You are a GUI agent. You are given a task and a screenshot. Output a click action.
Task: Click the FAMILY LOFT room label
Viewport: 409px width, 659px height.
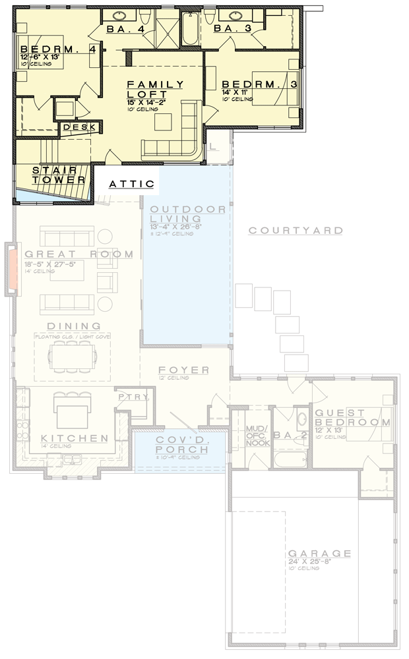click(x=155, y=89)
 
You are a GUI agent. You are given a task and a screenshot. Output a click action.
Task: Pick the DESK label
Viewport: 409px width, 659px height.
click(x=80, y=127)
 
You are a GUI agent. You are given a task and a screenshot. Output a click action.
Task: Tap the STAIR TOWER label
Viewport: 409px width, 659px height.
click(x=59, y=175)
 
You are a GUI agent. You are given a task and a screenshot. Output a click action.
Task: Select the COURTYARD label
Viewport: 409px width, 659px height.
click(x=296, y=231)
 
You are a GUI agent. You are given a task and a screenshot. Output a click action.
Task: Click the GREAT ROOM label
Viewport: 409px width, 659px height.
click(x=79, y=254)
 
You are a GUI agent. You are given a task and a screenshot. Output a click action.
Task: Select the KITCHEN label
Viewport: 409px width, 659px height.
click(x=75, y=438)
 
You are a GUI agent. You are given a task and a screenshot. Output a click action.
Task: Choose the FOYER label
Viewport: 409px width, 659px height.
click(x=183, y=370)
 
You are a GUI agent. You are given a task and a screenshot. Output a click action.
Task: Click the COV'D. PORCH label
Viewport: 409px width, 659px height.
click(x=181, y=445)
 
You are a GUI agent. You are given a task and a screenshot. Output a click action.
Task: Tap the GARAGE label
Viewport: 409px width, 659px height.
click(x=319, y=554)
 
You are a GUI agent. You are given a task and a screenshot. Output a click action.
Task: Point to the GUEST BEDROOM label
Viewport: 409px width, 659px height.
click(x=352, y=417)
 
